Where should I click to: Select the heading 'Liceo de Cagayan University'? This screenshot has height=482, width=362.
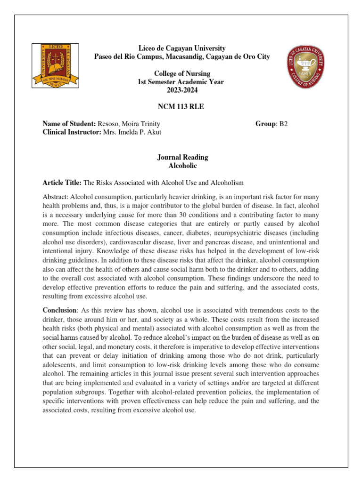click(181, 48)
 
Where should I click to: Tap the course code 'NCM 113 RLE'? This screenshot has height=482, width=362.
click(182, 107)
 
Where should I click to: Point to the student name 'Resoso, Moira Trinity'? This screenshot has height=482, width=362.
click(125, 124)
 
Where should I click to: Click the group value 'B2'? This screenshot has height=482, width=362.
click(283, 124)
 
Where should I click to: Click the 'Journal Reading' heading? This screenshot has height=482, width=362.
click(182, 157)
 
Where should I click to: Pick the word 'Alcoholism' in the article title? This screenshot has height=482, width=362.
click(227, 182)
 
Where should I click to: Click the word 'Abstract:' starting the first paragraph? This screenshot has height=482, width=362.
click(55, 196)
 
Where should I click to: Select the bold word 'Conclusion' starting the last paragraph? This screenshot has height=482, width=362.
click(59, 310)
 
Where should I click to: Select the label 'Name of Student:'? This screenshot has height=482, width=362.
click(69, 124)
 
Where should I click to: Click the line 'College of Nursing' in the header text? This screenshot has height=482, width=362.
click(182, 74)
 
